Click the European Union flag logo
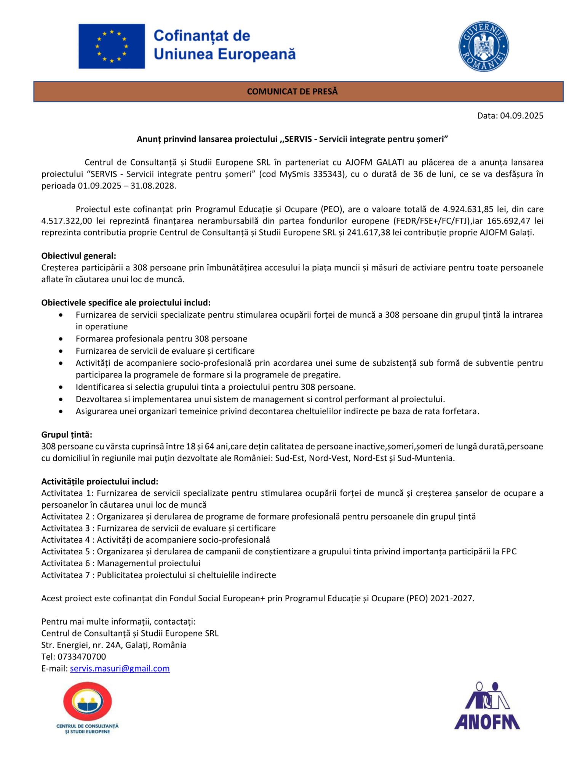coord(112,46)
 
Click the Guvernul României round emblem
coord(483,47)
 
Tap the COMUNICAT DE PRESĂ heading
coord(292,92)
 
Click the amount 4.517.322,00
coord(67,221)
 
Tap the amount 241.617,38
coord(368,233)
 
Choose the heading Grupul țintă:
coord(67,435)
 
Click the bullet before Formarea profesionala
coord(61,339)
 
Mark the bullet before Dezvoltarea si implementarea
coord(61,400)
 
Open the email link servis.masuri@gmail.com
coord(120,668)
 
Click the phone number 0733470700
coord(82,657)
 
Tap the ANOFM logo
coord(487,706)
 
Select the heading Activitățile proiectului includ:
coord(100,481)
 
